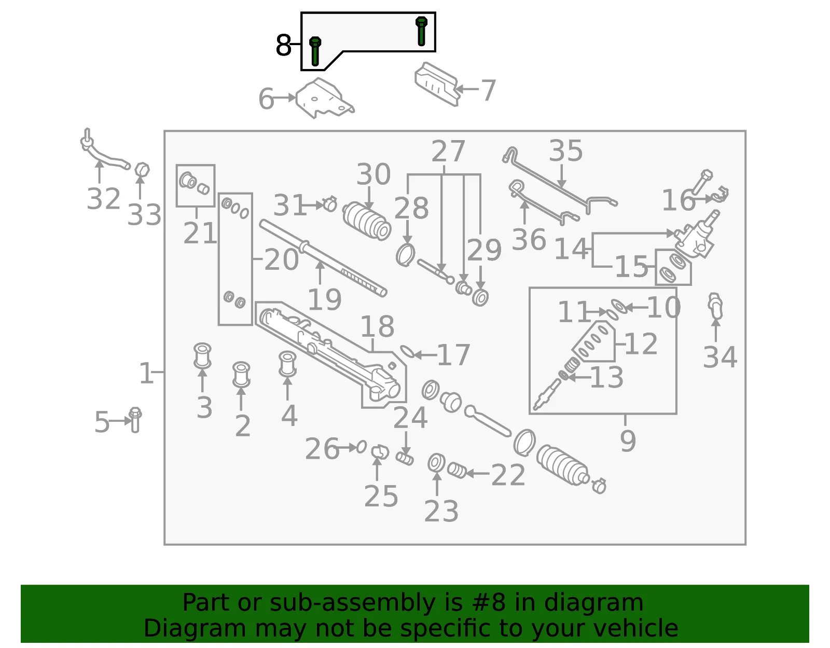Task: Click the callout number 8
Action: (x=283, y=45)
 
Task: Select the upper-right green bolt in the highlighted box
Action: (x=421, y=31)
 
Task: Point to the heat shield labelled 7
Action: (x=436, y=84)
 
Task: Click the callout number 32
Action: (x=103, y=199)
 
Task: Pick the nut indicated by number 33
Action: (x=142, y=170)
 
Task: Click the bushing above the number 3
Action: (x=202, y=355)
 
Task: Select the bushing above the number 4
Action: (x=287, y=364)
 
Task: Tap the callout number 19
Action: (x=324, y=299)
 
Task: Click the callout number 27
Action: (x=448, y=151)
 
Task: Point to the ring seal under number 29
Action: (x=480, y=297)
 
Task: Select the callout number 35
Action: (x=565, y=150)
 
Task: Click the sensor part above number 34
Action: (x=715, y=306)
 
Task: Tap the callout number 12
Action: (x=641, y=343)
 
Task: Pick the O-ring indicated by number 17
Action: (x=407, y=352)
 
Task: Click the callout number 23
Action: (x=441, y=511)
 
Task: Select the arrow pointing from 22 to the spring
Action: (x=477, y=474)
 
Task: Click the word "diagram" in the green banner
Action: (x=593, y=602)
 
